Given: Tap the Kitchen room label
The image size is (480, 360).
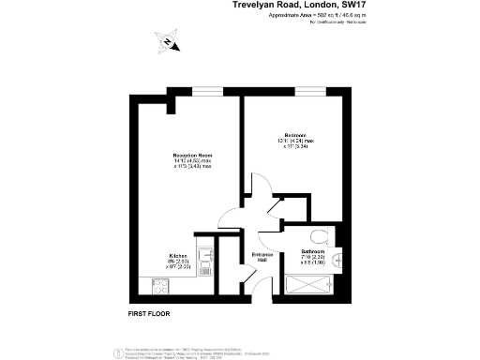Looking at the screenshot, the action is click(179, 255).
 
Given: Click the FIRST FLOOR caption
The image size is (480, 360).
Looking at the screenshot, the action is click(149, 311).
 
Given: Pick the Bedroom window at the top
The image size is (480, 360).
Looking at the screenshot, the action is click(308, 90).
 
